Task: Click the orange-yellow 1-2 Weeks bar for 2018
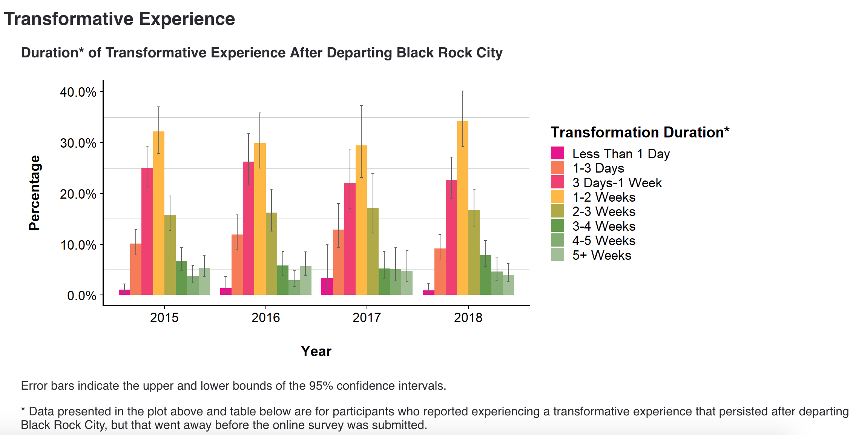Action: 462,208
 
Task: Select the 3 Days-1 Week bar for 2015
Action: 147,231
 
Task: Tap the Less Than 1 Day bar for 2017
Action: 327,287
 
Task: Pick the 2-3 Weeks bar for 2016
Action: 271,254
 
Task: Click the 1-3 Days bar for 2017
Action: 338,262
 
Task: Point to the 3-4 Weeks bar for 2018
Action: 485,275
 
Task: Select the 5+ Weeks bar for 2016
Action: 305,281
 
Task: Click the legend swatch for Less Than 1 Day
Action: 557,153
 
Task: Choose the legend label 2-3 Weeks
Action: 603,211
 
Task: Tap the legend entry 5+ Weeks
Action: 601,255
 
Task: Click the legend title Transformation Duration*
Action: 640,133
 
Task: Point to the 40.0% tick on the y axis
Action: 78,92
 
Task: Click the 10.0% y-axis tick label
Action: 78,245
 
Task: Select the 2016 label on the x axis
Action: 265,318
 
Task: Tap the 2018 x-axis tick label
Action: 468,318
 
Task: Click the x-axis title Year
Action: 316,351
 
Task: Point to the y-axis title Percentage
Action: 34,193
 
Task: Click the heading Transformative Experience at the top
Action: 119,19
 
